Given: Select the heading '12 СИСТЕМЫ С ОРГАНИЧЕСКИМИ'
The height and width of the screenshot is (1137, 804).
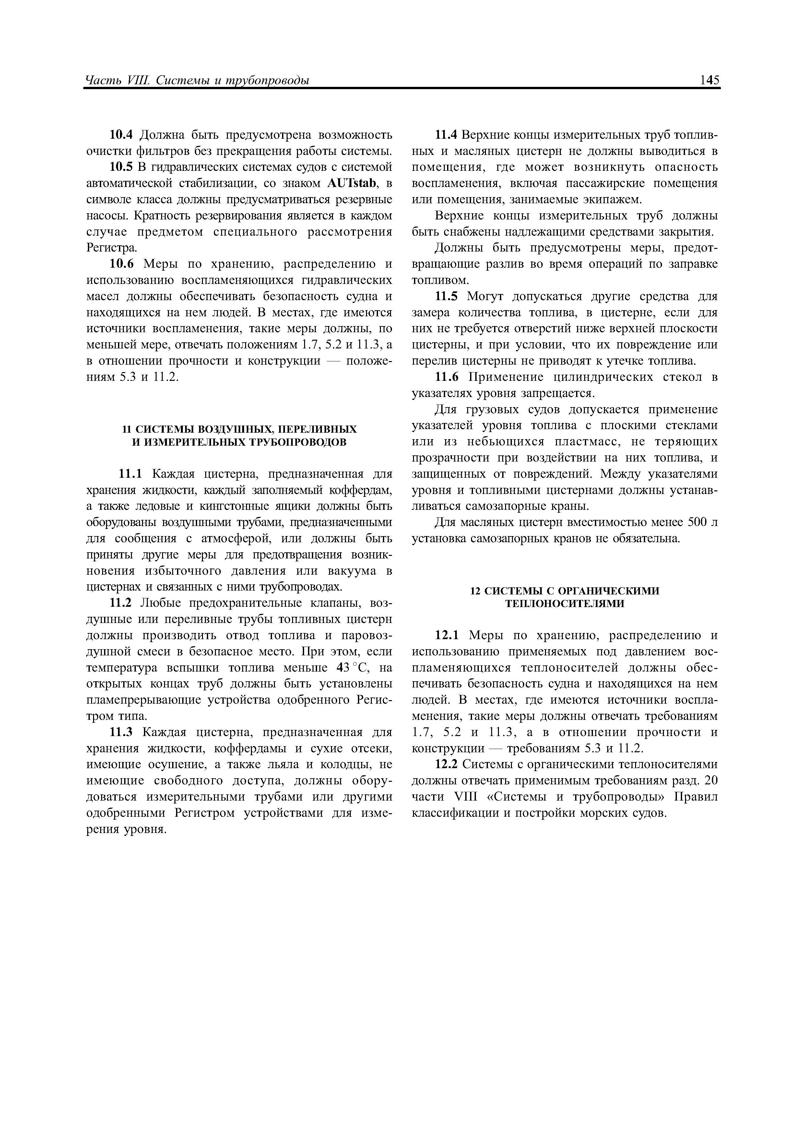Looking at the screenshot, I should [x=565, y=591].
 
